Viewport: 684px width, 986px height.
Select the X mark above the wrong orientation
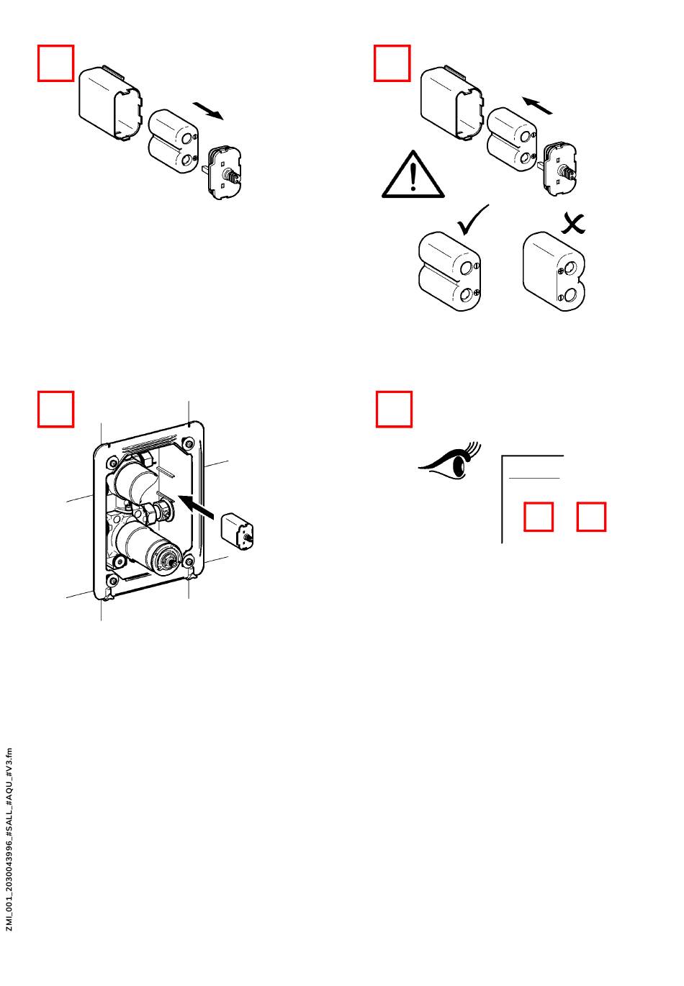(572, 224)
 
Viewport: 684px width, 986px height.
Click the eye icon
(450, 461)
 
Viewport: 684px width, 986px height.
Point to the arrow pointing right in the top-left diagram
(208, 111)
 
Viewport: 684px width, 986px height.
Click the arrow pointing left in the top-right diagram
(537, 105)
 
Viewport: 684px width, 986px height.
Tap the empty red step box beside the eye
(394, 409)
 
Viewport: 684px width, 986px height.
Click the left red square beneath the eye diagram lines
(539, 517)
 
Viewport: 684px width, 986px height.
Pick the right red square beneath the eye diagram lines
(591, 517)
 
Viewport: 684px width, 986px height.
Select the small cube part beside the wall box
(237, 531)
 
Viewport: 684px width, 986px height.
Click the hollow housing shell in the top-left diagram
(110, 103)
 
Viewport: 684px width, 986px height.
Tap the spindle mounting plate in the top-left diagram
(225, 173)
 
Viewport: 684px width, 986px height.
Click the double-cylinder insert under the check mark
(449, 271)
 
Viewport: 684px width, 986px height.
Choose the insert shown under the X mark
(554, 271)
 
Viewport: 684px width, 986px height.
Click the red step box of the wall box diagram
(55, 409)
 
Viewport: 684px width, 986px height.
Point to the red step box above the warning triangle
(392, 63)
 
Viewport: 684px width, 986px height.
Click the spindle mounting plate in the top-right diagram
(559, 168)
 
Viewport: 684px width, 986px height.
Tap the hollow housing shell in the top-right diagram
(452, 103)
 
